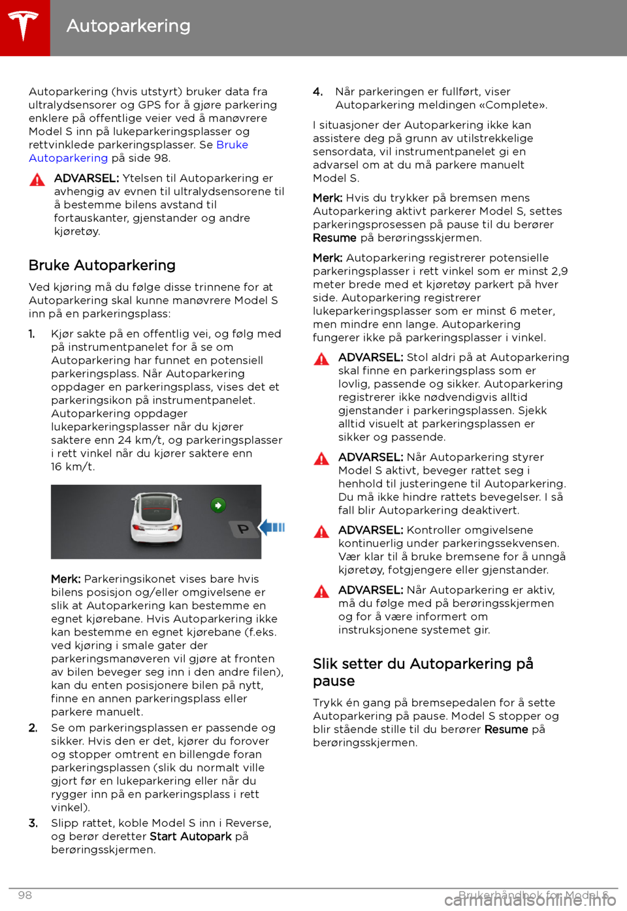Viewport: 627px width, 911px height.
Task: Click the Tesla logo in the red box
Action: (x=24, y=26)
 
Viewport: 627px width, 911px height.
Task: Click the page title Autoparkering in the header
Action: (x=129, y=26)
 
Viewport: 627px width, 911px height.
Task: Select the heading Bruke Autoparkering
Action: (x=102, y=266)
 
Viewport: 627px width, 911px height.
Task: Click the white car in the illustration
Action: (x=156, y=519)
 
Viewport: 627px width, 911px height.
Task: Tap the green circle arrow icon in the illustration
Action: (x=218, y=505)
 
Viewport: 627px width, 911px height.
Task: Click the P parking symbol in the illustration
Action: (x=243, y=529)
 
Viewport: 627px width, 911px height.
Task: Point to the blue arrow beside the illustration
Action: (x=272, y=527)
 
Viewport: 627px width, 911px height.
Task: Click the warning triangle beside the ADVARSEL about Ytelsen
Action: (x=37, y=180)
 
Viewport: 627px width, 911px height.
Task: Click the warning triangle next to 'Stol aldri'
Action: (x=321, y=359)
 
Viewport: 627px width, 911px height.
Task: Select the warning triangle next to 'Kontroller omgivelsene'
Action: (x=321, y=532)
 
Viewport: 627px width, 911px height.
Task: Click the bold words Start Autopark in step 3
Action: (x=191, y=837)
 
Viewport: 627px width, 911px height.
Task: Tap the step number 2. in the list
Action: (x=33, y=728)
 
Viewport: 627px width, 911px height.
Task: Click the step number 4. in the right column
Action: (x=317, y=92)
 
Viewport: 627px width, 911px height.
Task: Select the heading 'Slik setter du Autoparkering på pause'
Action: (x=423, y=672)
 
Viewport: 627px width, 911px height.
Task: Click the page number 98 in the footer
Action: (x=25, y=895)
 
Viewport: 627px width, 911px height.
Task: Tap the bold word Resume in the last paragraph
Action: (x=506, y=730)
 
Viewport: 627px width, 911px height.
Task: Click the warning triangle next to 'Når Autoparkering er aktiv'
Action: (x=321, y=592)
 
